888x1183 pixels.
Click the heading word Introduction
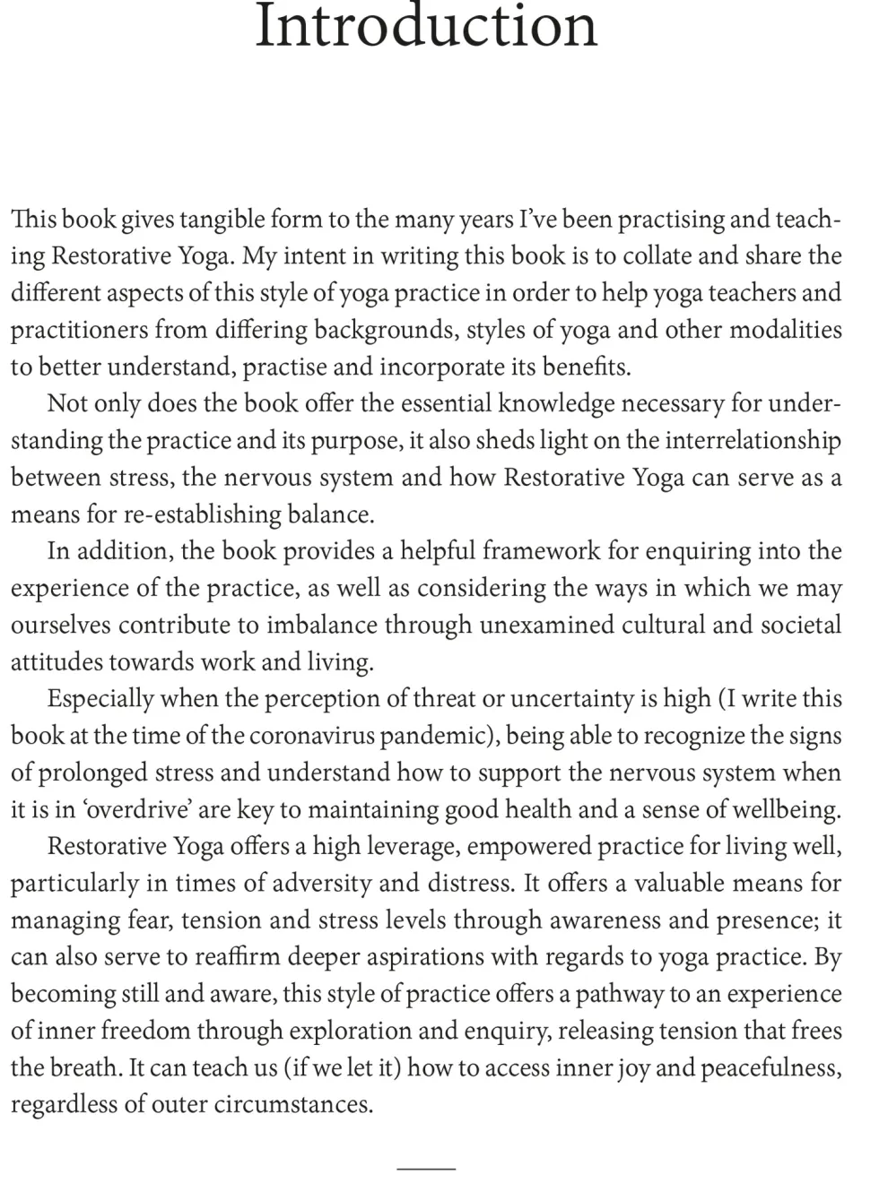point(426,27)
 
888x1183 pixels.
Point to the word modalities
point(786,330)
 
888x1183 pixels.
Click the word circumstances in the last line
point(294,1104)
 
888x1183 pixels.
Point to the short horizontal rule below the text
point(426,1169)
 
